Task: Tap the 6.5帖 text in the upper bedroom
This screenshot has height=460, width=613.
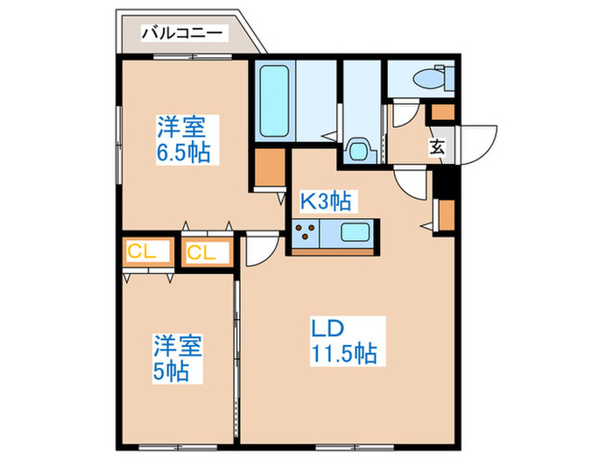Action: pyautogui.click(x=183, y=153)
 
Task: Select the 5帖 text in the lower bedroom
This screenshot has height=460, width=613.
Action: pyautogui.click(x=172, y=372)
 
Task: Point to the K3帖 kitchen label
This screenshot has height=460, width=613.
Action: pyautogui.click(x=326, y=202)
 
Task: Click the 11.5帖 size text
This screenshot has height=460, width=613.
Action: pyautogui.click(x=344, y=354)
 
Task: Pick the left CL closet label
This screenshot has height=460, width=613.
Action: pyautogui.click(x=142, y=252)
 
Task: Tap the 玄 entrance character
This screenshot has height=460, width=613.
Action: pyautogui.click(x=437, y=147)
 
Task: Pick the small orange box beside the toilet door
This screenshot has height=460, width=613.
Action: pyautogui.click(x=444, y=112)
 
